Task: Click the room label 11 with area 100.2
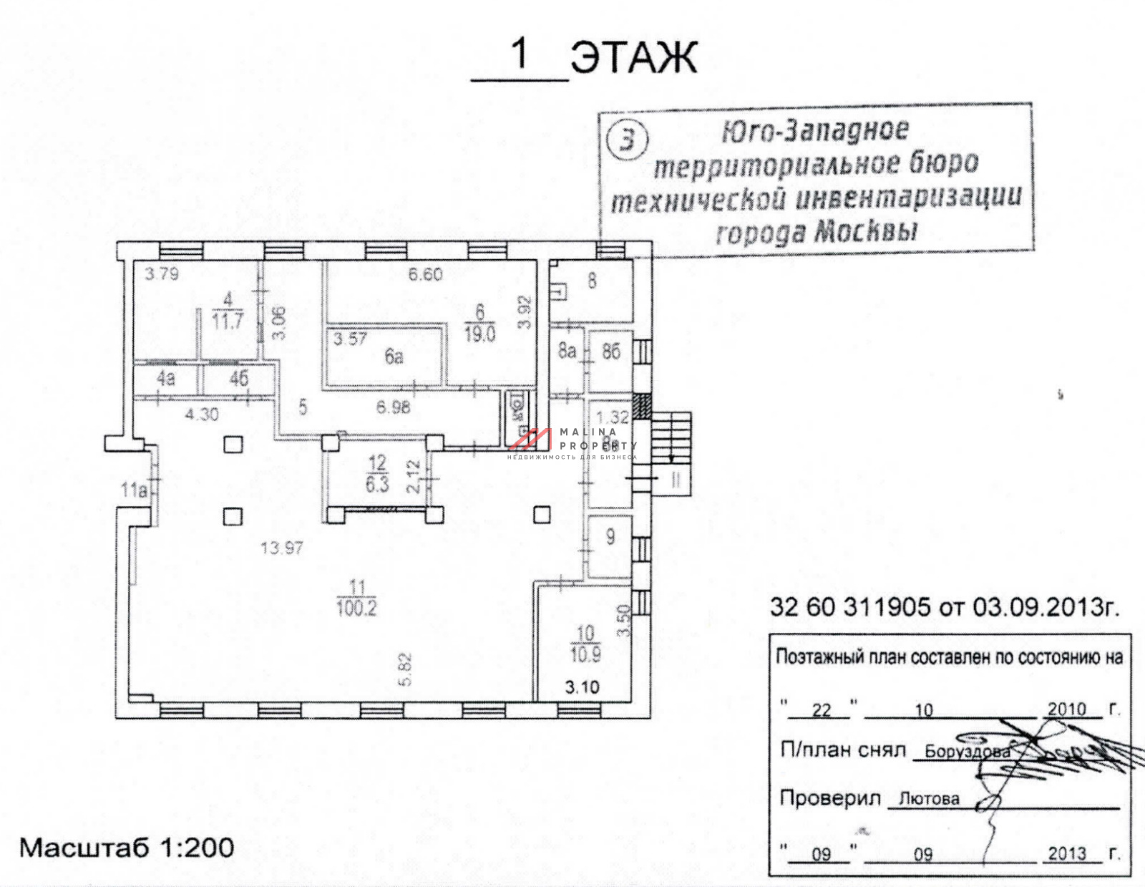pyautogui.click(x=356, y=598)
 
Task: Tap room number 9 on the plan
pyautogui.click(x=610, y=536)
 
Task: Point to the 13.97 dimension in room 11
pyautogui.click(x=282, y=548)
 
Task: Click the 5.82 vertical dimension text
pyautogui.click(x=406, y=670)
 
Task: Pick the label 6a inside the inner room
pyautogui.click(x=394, y=357)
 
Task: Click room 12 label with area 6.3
pyautogui.click(x=377, y=473)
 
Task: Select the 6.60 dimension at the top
pyautogui.click(x=425, y=274)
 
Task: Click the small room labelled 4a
pyautogui.click(x=165, y=378)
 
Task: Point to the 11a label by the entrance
pyautogui.click(x=134, y=490)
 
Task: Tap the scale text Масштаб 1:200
pyautogui.click(x=127, y=848)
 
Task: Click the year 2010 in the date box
pyautogui.click(x=1066, y=709)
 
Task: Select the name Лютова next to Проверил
pyautogui.click(x=928, y=798)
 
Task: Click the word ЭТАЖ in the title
pyautogui.click(x=633, y=57)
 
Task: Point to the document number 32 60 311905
pyautogui.click(x=849, y=607)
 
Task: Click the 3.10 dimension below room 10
pyautogui.click(x=582, y=687)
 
